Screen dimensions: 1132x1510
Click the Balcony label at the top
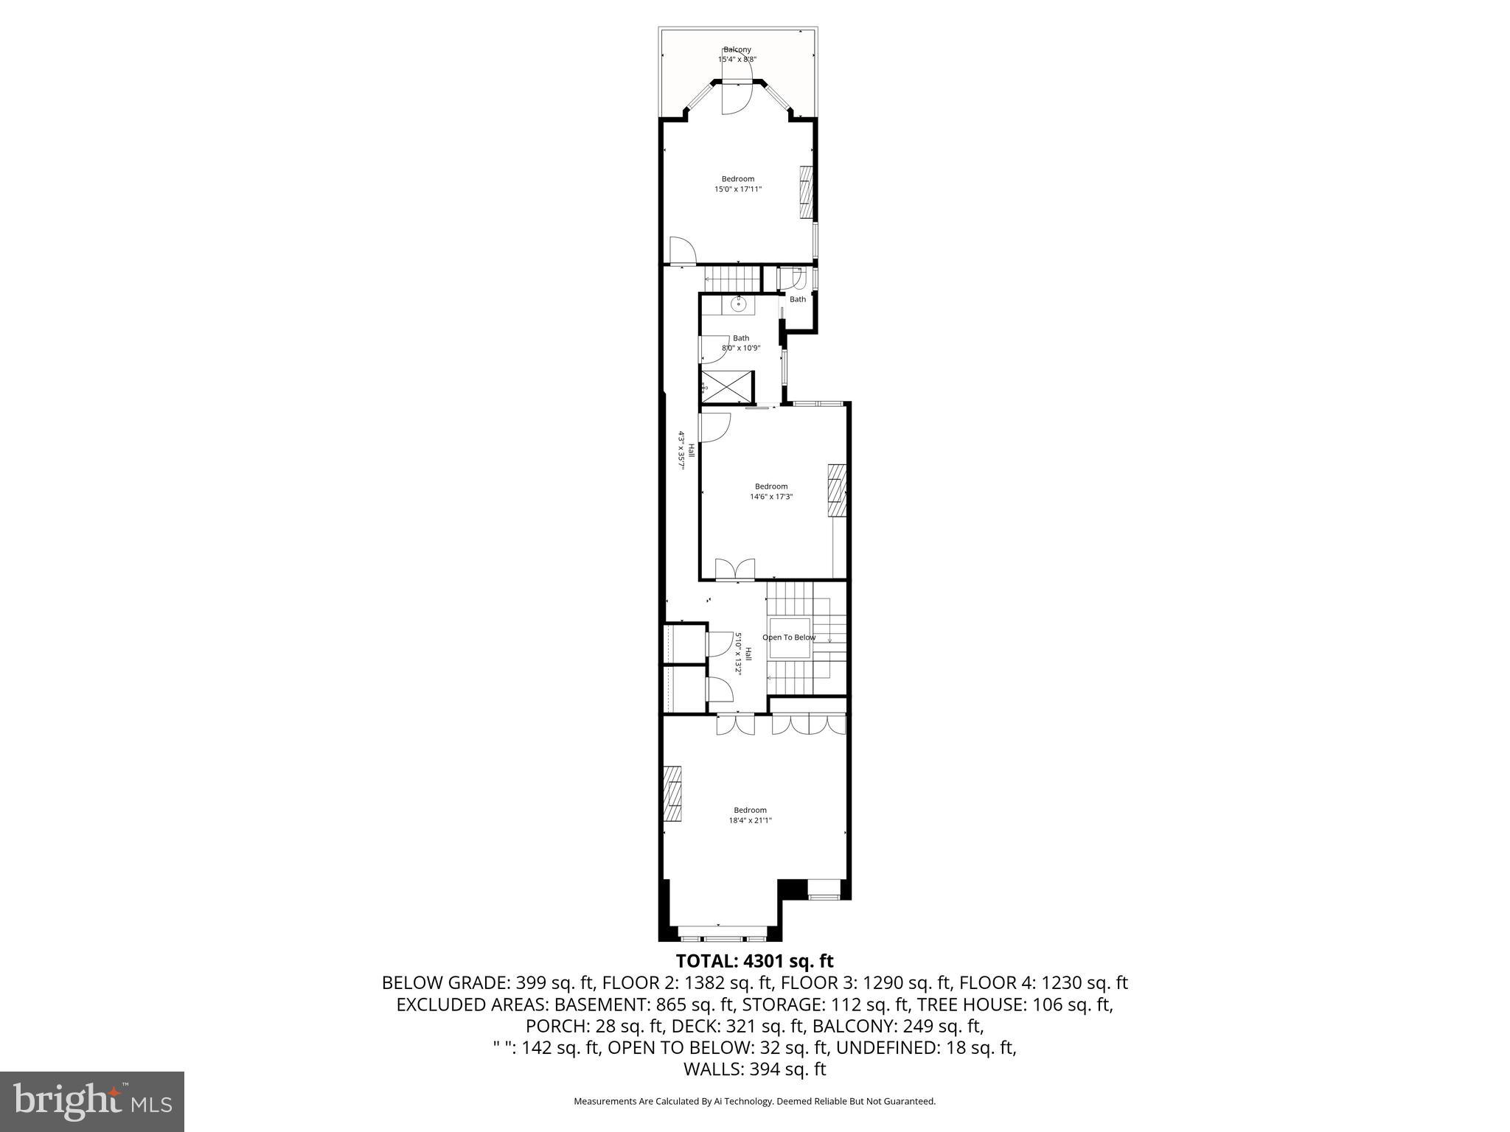coord(737,49)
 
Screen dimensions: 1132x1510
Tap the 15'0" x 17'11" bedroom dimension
coord(737,189)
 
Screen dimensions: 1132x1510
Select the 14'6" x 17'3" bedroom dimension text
coord(770,497)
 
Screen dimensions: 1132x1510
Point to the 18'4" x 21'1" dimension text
coord(750,820)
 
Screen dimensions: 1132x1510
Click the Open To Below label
coord(789,637)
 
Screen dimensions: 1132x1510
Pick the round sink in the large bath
coord(738,303)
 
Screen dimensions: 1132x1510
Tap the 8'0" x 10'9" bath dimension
coord(740,348)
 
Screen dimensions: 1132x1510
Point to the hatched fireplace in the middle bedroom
coord(837,492)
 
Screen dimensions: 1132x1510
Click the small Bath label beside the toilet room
coord(798,299)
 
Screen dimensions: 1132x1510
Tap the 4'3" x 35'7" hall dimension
coord(682,451)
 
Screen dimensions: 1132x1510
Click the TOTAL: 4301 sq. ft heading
coord(754,961)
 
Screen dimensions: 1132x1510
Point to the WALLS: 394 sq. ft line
coord(754,1069)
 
